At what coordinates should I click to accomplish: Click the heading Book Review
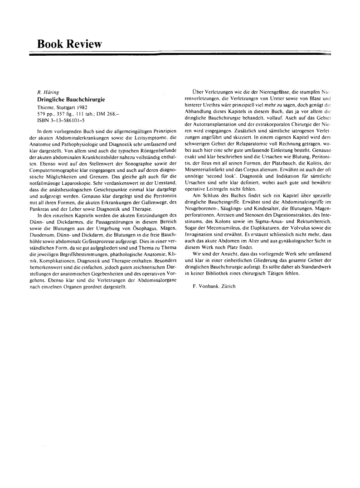pyautogui.click(x=69, y=44)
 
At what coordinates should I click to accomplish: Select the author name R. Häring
pyautogui.click(x=46, y=92)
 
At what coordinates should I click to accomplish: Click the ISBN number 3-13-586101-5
pyautogui.click(x=68, y=121)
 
